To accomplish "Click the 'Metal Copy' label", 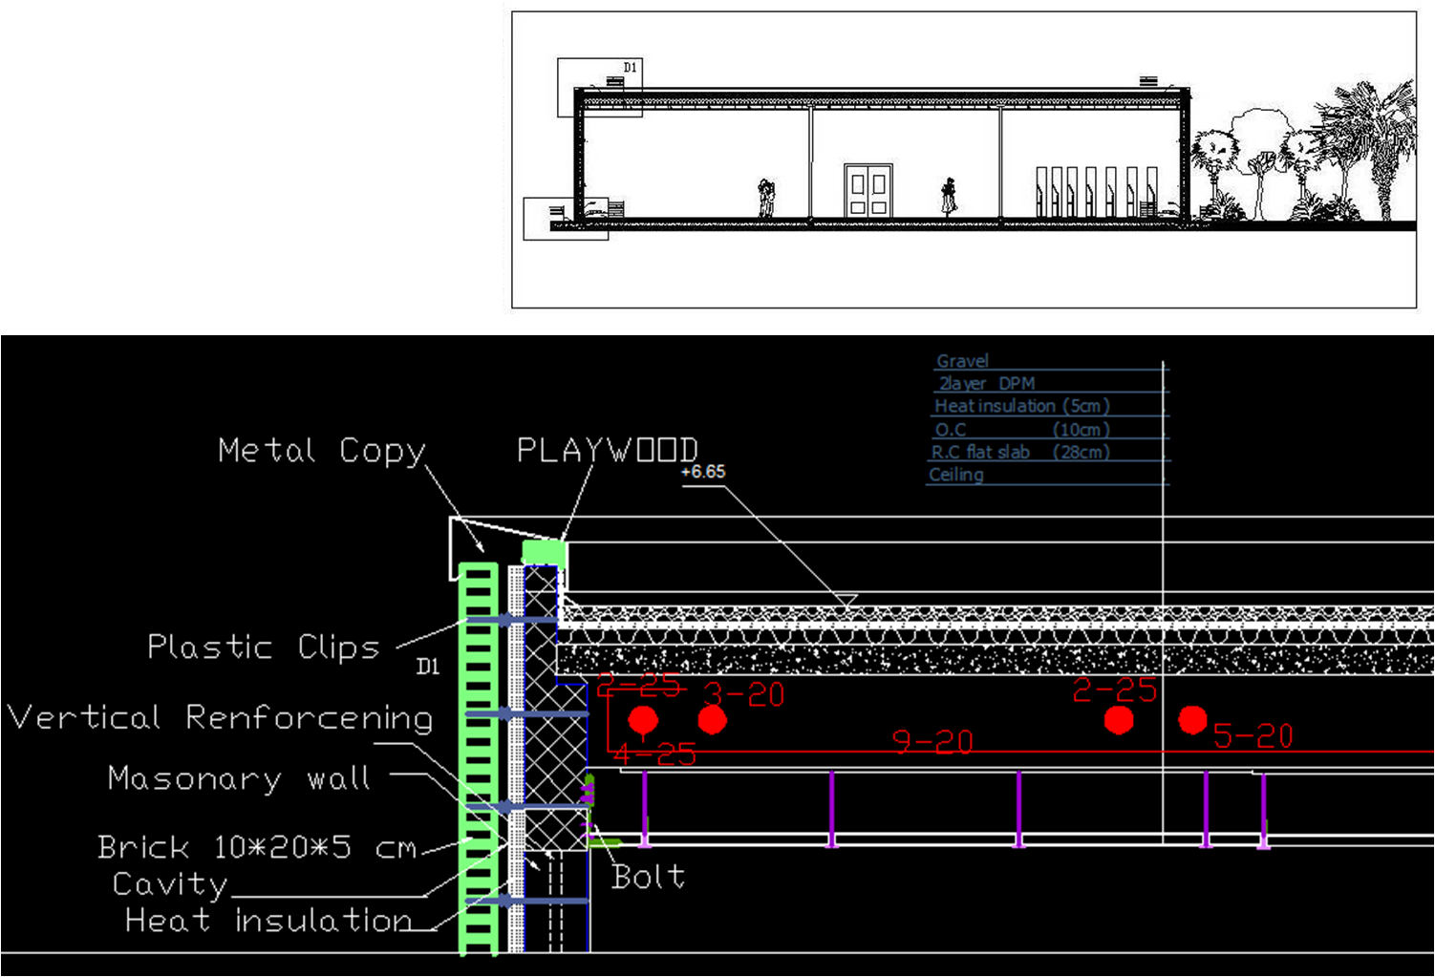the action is pyautogui.click(x=321, y=450).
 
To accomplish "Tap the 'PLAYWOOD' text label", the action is pyautogui.click(x=607, y=449).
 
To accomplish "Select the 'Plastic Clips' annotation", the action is pyautogui.click(x=263, y=647).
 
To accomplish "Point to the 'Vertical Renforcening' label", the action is pyautogui.click(x=220, y=717).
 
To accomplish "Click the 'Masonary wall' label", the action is pyautogui.click(x=239, y=777).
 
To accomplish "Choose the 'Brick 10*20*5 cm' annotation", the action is pyautogui.click(x=257, y=847).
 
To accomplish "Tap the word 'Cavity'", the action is pyautogui.click(x=170, y=884).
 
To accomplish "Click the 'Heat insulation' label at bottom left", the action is pyautogui.click(x=268, y=920).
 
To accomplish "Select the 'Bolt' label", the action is pyautogui.click(x=648, y=876).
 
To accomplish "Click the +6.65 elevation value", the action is pyautogui.click(x=702, y=472).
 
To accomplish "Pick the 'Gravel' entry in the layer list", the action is pyautogui.click(x=962, y=361).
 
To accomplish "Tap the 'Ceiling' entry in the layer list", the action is pyautogui.click(x=955, y=475).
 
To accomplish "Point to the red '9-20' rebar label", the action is pyautogui.click(x=932, y=741).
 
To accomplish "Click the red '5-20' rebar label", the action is pyautogui.click(x=1253, y=735).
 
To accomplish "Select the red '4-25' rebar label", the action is pyautogui.click(x=655, y=754).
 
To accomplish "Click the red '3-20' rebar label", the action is pyautogui.click(x=744, y=694).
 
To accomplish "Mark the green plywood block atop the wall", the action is pyautogui.click(x=544, y=551).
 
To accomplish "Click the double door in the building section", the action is pyautogui.click(x=868, y=190).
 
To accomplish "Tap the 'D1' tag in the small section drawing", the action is pyautogui.click(x=630, y=67).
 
